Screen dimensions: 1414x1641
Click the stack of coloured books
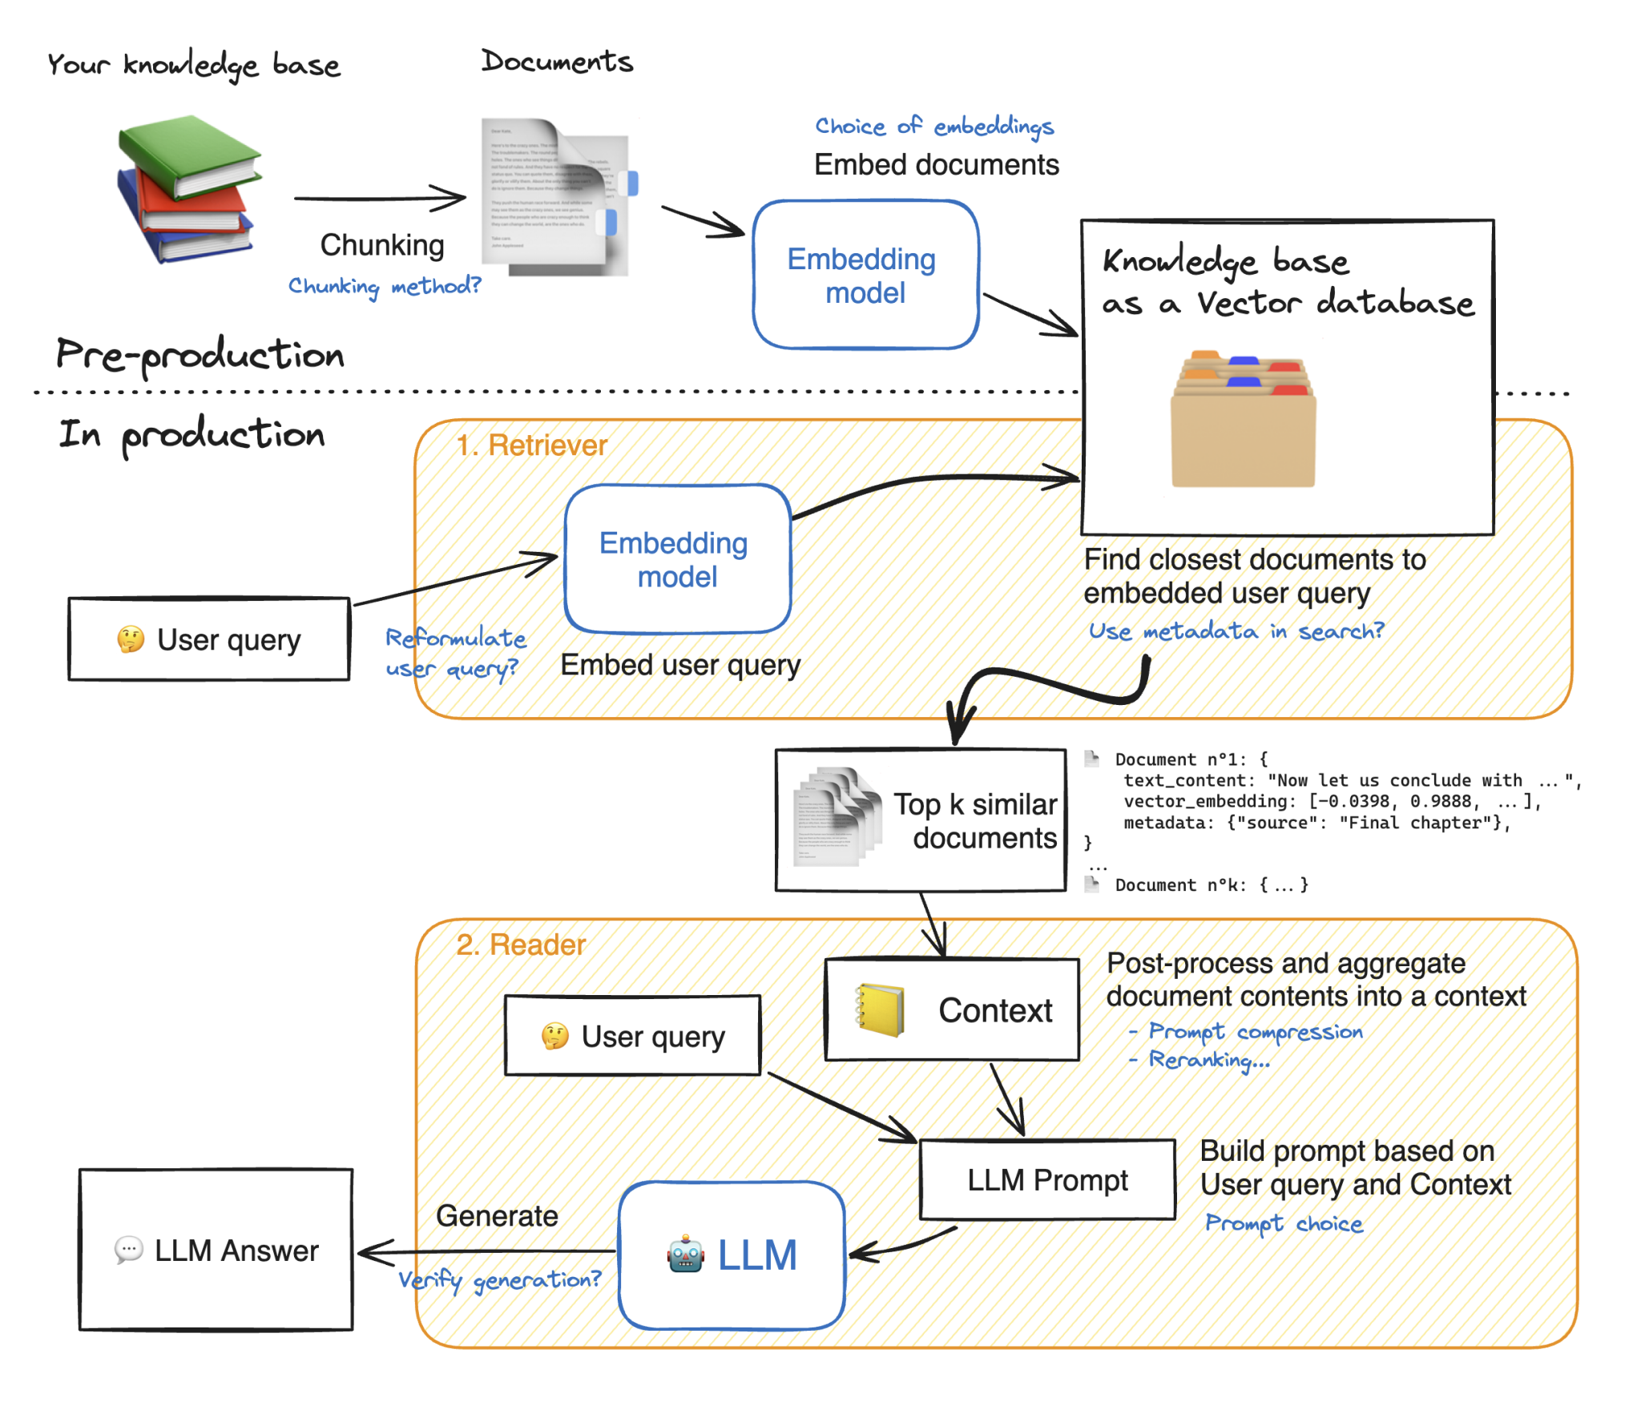(x=188, y=191)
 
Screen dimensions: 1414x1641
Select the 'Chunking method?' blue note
(x=384, y=286)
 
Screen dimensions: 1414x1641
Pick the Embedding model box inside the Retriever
(x=676, y=558)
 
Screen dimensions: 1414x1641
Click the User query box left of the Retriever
(x=208, y=639)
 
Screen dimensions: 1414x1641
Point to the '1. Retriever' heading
(x=531, y=445)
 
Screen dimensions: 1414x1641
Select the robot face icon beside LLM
(x=685, y=1254)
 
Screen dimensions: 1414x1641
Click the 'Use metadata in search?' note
(x=1235, y=630)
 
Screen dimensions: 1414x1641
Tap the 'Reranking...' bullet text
(x=1208, y=1059)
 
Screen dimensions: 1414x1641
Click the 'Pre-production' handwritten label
(x=200, y=355)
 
